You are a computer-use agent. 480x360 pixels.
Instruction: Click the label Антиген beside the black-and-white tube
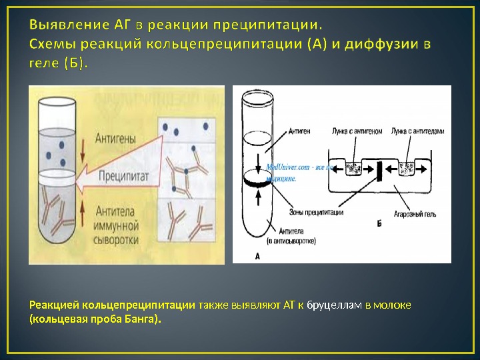coord(301,131)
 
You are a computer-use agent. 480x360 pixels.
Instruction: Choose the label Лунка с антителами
coord(417,131)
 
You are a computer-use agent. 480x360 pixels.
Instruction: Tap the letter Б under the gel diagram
coord(379,225)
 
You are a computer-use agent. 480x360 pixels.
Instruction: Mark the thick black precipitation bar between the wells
coord(379,170)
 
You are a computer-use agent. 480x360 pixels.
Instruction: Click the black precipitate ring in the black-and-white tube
coord(257,179)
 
